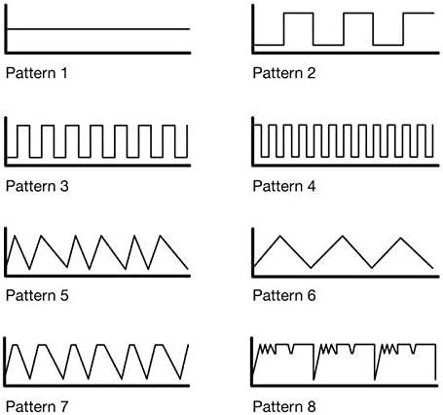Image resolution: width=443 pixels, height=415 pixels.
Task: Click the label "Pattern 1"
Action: point(37,73)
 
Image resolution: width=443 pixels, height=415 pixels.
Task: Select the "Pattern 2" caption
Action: point(284,73)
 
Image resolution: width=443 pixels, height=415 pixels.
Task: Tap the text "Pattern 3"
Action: point(37,186)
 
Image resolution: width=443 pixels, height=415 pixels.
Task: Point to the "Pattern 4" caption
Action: point(284,186)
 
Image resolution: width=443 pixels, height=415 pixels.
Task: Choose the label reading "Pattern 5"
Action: point(37,295)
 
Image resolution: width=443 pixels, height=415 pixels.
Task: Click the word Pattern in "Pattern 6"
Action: point(277,295)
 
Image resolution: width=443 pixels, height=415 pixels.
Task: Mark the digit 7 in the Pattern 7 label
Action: point(63,406)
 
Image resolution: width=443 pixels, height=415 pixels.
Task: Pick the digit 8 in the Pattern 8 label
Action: point(311,406)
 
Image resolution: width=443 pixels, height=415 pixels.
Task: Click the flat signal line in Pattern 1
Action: point(98,29)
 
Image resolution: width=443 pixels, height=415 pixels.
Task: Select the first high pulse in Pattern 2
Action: point(299,14)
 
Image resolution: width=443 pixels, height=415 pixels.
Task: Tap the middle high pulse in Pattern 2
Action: point(358,14)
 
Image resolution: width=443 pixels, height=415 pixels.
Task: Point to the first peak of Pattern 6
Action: point(280,236)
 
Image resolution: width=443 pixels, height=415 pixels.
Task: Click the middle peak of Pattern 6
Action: point(342,236)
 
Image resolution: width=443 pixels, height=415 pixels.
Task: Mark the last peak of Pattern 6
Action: point(401,239)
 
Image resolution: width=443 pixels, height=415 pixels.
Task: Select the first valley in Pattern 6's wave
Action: point(311,268)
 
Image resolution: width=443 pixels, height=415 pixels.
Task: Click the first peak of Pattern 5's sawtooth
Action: point(14,236)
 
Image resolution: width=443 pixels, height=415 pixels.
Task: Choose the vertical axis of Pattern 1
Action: point(6,28)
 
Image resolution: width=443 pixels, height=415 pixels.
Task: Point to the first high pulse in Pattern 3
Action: point(23,126)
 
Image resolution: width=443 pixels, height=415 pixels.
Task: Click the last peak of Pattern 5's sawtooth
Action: point(160,236)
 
